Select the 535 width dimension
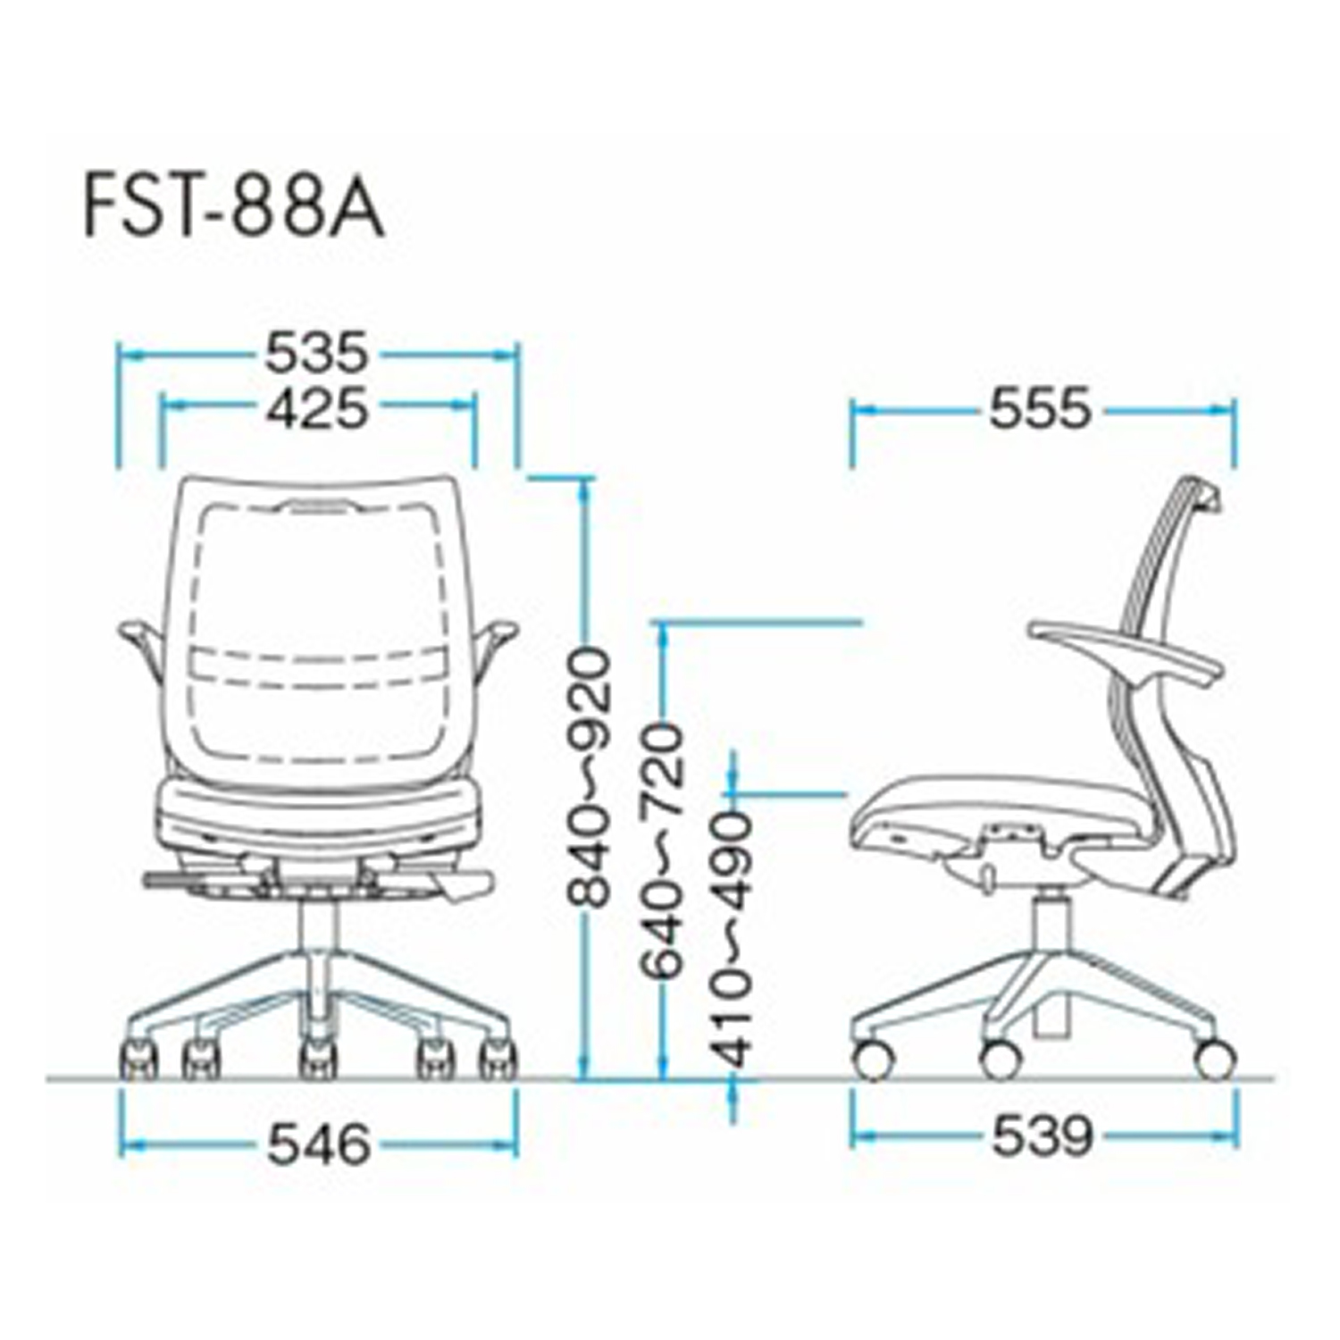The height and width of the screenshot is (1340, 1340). tap(316, 353)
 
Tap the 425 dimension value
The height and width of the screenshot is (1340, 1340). tap(316, 408)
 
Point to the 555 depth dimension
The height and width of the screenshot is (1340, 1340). tap(1041, 409)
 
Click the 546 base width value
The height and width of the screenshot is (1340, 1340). tap(319, 1144)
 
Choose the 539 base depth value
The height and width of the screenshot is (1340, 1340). tap(1043, 1136)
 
